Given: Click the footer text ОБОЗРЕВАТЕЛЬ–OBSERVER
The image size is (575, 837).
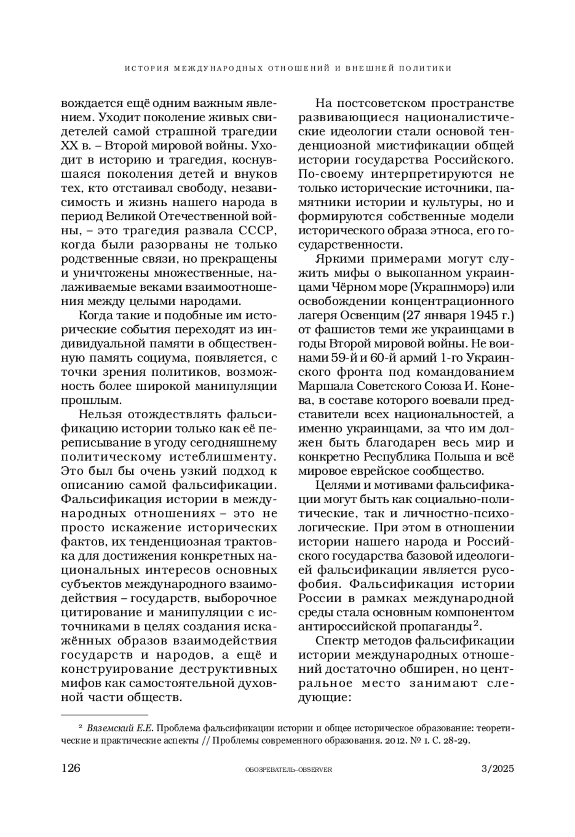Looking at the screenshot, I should tap(288, 769).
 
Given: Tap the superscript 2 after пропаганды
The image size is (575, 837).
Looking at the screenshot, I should tap(476, 624).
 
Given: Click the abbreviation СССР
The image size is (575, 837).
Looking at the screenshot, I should tap(257, 231).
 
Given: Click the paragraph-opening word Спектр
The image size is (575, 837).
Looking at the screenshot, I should tap(339, 641).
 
